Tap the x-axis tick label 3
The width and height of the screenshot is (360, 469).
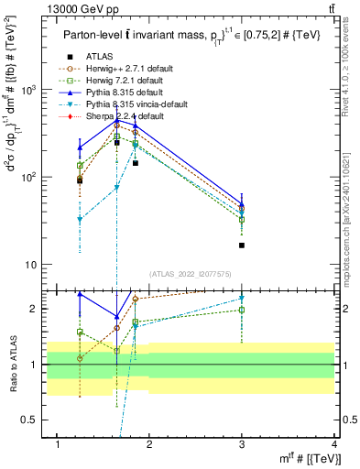tap(242, 443)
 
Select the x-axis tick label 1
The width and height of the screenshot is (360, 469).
tap(58, 443)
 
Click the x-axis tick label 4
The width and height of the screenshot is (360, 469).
tap(334, 443)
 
